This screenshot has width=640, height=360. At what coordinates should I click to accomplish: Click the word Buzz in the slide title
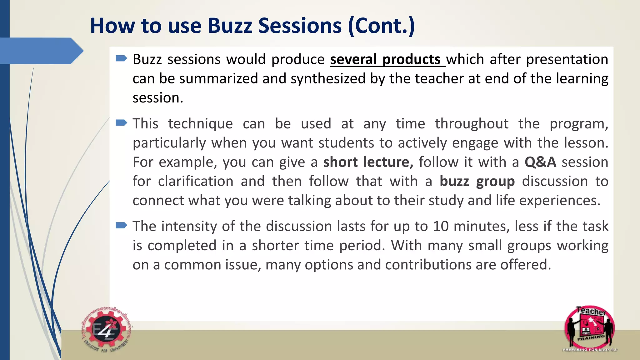pos(230,26)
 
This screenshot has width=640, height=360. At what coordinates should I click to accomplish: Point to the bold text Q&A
pos(540,162)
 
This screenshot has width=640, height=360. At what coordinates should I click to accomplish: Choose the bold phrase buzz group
pos(477,182)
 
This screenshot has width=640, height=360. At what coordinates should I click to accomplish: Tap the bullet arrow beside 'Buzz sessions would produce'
pos(121,58)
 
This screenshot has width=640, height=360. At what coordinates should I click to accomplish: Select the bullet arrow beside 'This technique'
pos(121,123)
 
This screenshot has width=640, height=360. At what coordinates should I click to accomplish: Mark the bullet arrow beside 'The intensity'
pos(121,225)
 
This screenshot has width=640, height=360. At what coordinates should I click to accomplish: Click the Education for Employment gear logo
pos(107,331)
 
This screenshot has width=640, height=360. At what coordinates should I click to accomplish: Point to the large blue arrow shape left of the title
pos(41,51)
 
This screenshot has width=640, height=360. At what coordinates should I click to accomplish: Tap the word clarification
pos(196,182)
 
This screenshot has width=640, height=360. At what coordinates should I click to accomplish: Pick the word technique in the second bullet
pos(200,124)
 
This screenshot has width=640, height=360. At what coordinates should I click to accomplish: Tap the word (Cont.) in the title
pos(381,26)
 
